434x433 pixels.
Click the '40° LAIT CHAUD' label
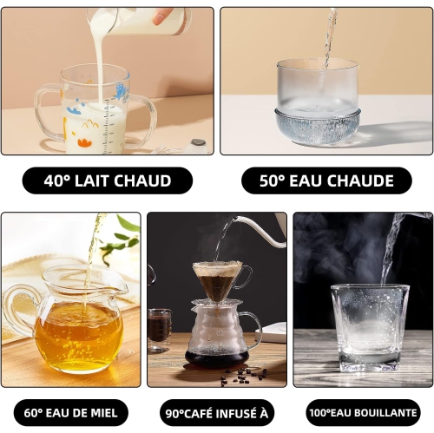pyautogui.click(x=108, y=180)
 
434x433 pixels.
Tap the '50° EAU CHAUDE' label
pyautogui.click(x=326, y=180)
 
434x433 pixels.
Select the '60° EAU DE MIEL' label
pyautogui.click(x=71, y=413)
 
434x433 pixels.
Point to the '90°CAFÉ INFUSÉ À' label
pyautogui.click(x=217, y=413)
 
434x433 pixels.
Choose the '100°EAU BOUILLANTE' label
pyautogui.click(x=363, y=413)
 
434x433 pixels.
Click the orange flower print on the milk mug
pyautogui.click(x=85, y=142)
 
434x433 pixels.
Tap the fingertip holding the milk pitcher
pyautogui.click(x=159, y=18)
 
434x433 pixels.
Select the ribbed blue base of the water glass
pyautogui.click(x=319, y=128)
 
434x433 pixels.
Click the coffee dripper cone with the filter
pyautogui.click(x=218, y=280)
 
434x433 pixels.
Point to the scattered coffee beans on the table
pyautogui.click(x=241, y=375)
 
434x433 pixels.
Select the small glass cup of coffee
pyautogui.click(x=159, y=330)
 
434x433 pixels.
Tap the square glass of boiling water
pyautogui.click(x=371, y=328)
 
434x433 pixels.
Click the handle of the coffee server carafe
pyautogui.click(x=254, y=330)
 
